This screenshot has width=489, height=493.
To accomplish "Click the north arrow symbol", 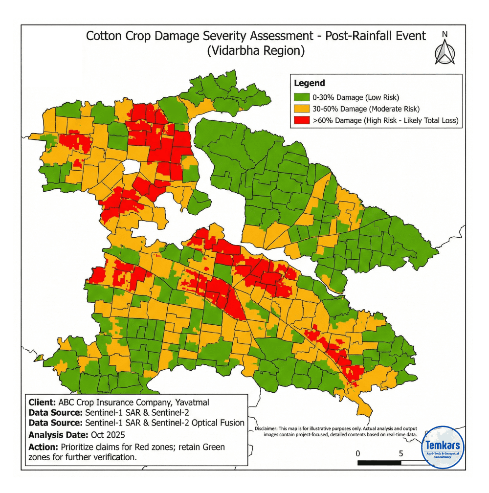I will point(444,52).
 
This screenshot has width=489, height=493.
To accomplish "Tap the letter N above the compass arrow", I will point(445,34).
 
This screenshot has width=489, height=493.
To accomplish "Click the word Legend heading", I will point(310,84).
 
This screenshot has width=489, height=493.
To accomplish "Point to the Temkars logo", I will point(443,447).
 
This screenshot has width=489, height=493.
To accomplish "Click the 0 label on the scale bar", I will point(358,453).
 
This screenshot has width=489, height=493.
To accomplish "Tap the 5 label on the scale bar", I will point(401,453).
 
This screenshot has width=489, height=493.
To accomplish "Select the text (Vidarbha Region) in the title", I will point(256,51).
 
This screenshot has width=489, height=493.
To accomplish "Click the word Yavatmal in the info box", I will point(191,403).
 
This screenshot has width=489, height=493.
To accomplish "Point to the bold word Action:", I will point(43,448).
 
